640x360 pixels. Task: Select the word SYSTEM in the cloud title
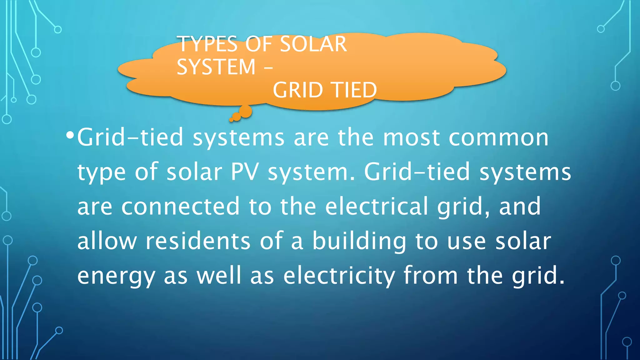(x=216, y=67)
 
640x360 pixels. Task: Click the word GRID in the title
(x=298, y=90)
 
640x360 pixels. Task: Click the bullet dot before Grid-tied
(x=70, y=136)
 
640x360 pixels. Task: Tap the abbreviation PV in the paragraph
(x=245, y=172)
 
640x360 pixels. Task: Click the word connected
(x=180, y=206)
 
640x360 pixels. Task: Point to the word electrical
(x=377, y=206)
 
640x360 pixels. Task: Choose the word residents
(x=198, y=241)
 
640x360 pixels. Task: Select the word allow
(x=107, y=241)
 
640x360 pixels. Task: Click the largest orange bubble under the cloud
(x=246, y=112)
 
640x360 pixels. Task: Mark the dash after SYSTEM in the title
(x=268, y=67)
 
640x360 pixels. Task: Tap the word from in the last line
(x=431, y=275)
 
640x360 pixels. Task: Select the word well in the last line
(x=219, y=275)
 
